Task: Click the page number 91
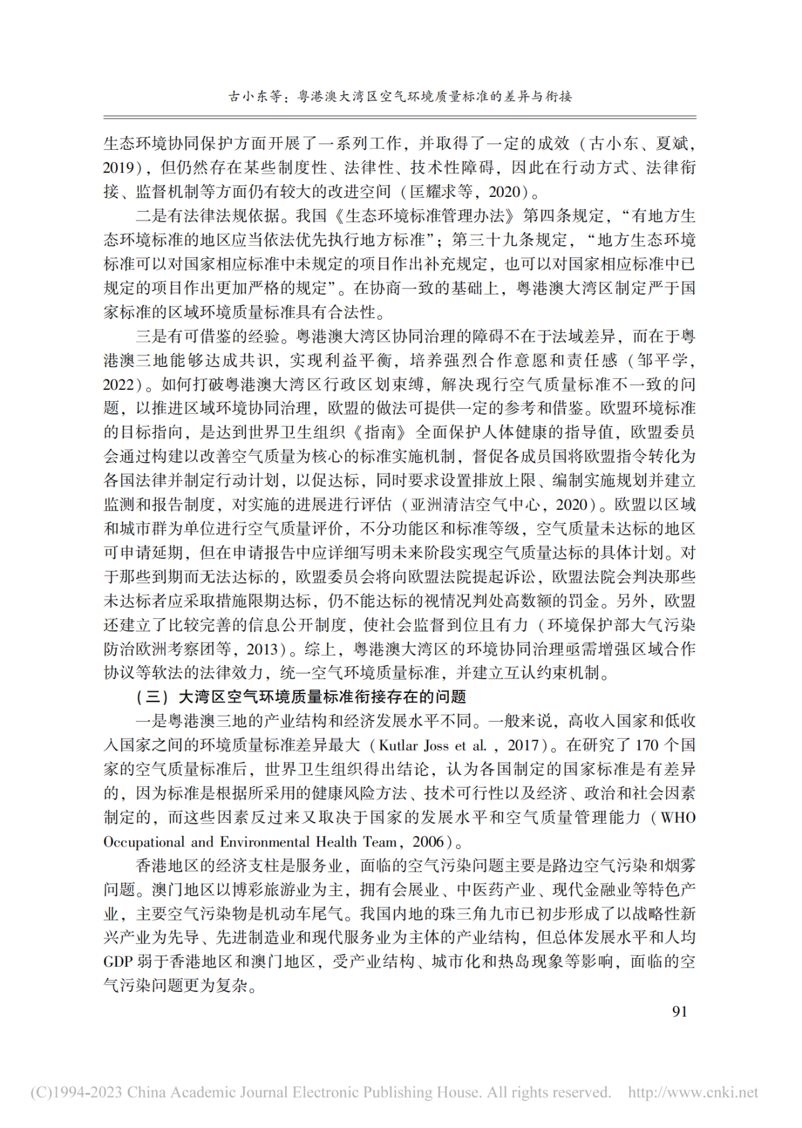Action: [x=679, y=1011]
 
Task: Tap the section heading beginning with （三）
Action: [x=301, y=697]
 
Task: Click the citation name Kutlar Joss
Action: [x=414, y=746]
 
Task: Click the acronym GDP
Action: [x=118, y=962]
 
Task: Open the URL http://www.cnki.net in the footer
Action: [x=693, y=1092]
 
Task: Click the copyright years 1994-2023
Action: [x=88, y=1092]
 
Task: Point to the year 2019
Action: [x=119, y=168]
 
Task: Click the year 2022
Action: [x=119, y=384]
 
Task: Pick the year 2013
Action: [x=263, y=649]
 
